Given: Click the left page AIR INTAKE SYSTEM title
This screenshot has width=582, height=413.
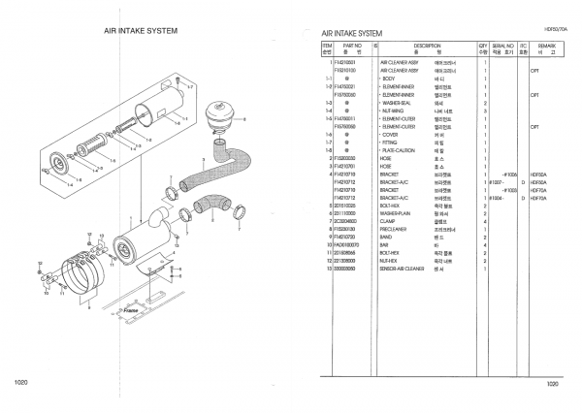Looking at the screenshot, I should [143, 30].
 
